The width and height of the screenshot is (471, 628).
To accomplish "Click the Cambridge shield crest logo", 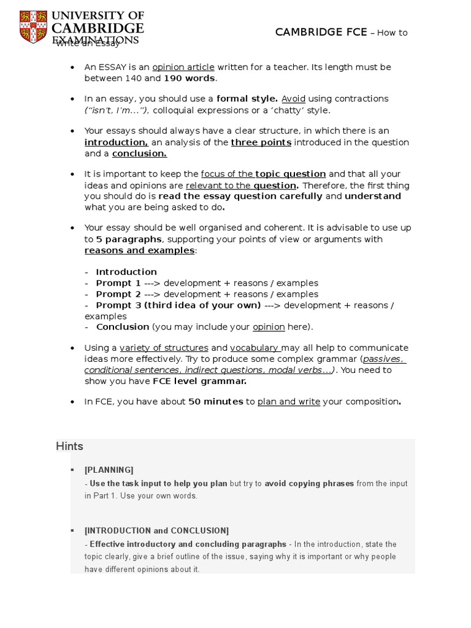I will pos(34,27).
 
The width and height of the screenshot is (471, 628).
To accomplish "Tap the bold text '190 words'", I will pos(189,78).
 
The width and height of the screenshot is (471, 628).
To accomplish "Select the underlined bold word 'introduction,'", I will pos(117,142).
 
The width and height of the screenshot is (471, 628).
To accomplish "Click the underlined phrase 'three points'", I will pos(261,142).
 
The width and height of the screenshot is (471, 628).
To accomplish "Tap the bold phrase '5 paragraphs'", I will pos(129,239).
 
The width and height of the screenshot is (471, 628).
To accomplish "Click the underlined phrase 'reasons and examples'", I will pos(139,250).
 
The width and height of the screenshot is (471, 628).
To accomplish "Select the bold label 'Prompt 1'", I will pos(118,283).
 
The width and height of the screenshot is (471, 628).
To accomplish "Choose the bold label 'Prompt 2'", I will pos(118,294).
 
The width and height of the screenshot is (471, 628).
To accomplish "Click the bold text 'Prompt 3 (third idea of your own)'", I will pos(178,305).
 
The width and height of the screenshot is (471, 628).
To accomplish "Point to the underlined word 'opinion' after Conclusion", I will pos(269,327).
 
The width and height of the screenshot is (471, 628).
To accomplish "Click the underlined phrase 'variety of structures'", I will pos(164,348).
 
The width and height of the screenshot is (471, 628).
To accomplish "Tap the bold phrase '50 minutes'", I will pos(215,402).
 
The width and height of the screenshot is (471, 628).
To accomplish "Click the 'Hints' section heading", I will pos(69,446).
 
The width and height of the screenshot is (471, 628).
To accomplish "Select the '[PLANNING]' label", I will pos(109,470).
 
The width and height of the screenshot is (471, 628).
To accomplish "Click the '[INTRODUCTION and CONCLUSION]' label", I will pos(156,530).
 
